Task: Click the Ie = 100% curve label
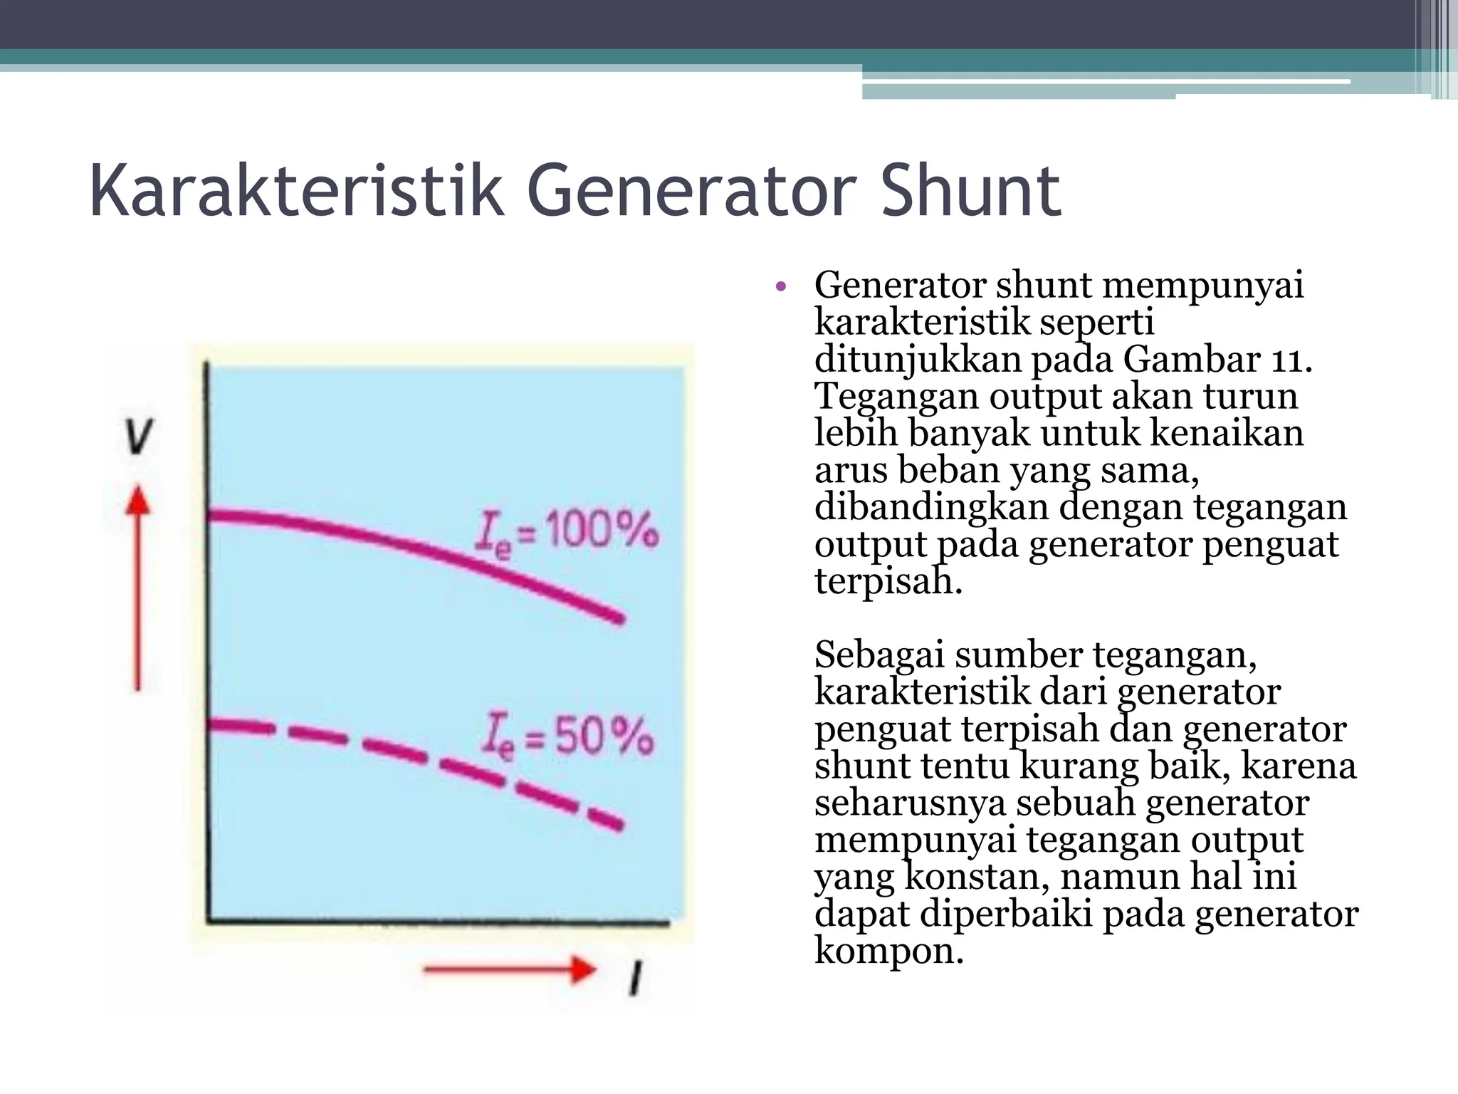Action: pos(567,533)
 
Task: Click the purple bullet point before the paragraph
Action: pos(780,288)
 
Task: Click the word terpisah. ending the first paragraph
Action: pos(888,581)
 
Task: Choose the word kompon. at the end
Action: pos(888,950)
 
